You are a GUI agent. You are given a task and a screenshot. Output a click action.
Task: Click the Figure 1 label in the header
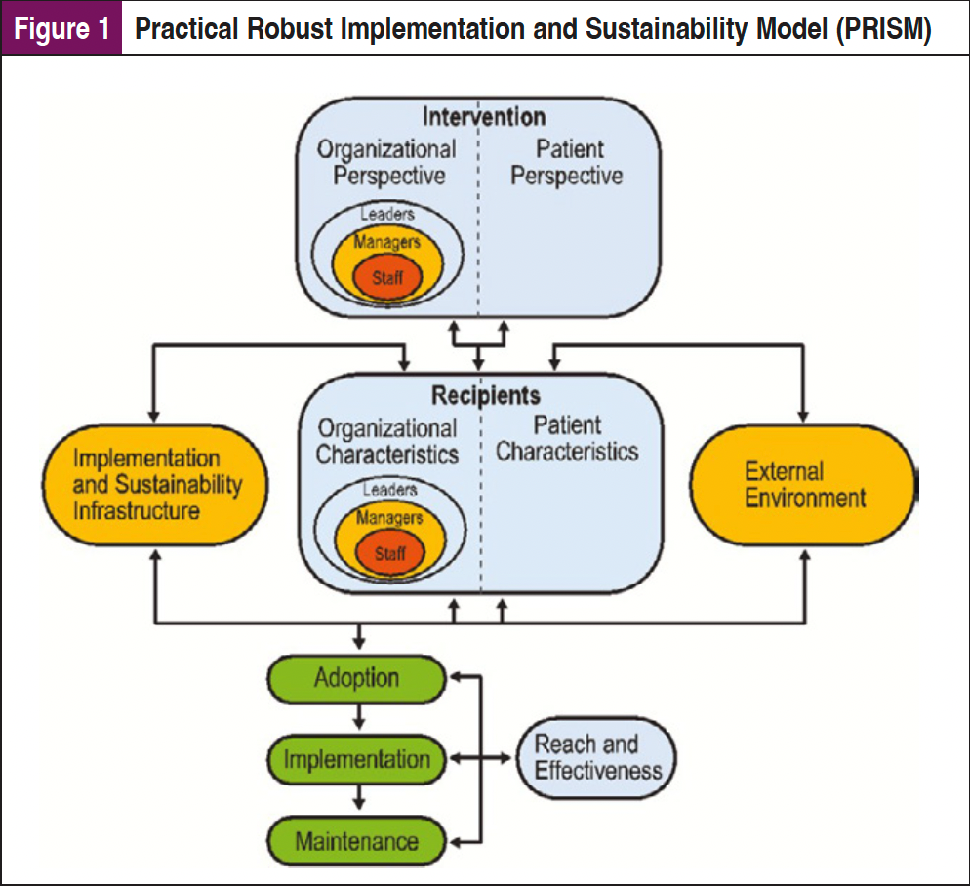(61, 28)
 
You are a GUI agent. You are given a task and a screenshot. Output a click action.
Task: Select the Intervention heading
(483, 118)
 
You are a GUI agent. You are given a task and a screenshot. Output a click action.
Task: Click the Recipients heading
(485, 397)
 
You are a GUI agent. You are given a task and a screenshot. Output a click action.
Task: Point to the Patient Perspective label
(567, 163)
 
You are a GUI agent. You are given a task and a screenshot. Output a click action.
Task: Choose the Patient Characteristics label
(567, 439)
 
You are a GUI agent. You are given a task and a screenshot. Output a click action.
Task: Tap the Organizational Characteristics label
(386, 442)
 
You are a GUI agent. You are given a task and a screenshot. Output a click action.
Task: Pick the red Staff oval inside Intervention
(387, 278)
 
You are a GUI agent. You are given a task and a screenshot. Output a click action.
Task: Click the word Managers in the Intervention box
(386, 242)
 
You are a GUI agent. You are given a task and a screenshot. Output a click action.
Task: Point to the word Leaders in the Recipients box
(389, 490)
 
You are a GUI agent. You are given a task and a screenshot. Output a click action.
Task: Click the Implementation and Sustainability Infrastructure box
(157, 484)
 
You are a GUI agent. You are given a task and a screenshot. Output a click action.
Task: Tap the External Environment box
(804, 484)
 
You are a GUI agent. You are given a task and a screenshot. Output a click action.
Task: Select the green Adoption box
(357, 679)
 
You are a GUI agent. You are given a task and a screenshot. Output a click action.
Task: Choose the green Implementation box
(357, 759)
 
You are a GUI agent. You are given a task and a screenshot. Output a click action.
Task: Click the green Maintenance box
(357, 840)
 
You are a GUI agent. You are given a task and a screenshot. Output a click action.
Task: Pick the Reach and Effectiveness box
(597, 758)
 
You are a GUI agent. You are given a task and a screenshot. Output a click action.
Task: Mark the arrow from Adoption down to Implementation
(360, 716)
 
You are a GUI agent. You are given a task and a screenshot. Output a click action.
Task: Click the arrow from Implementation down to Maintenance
(360, 797)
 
